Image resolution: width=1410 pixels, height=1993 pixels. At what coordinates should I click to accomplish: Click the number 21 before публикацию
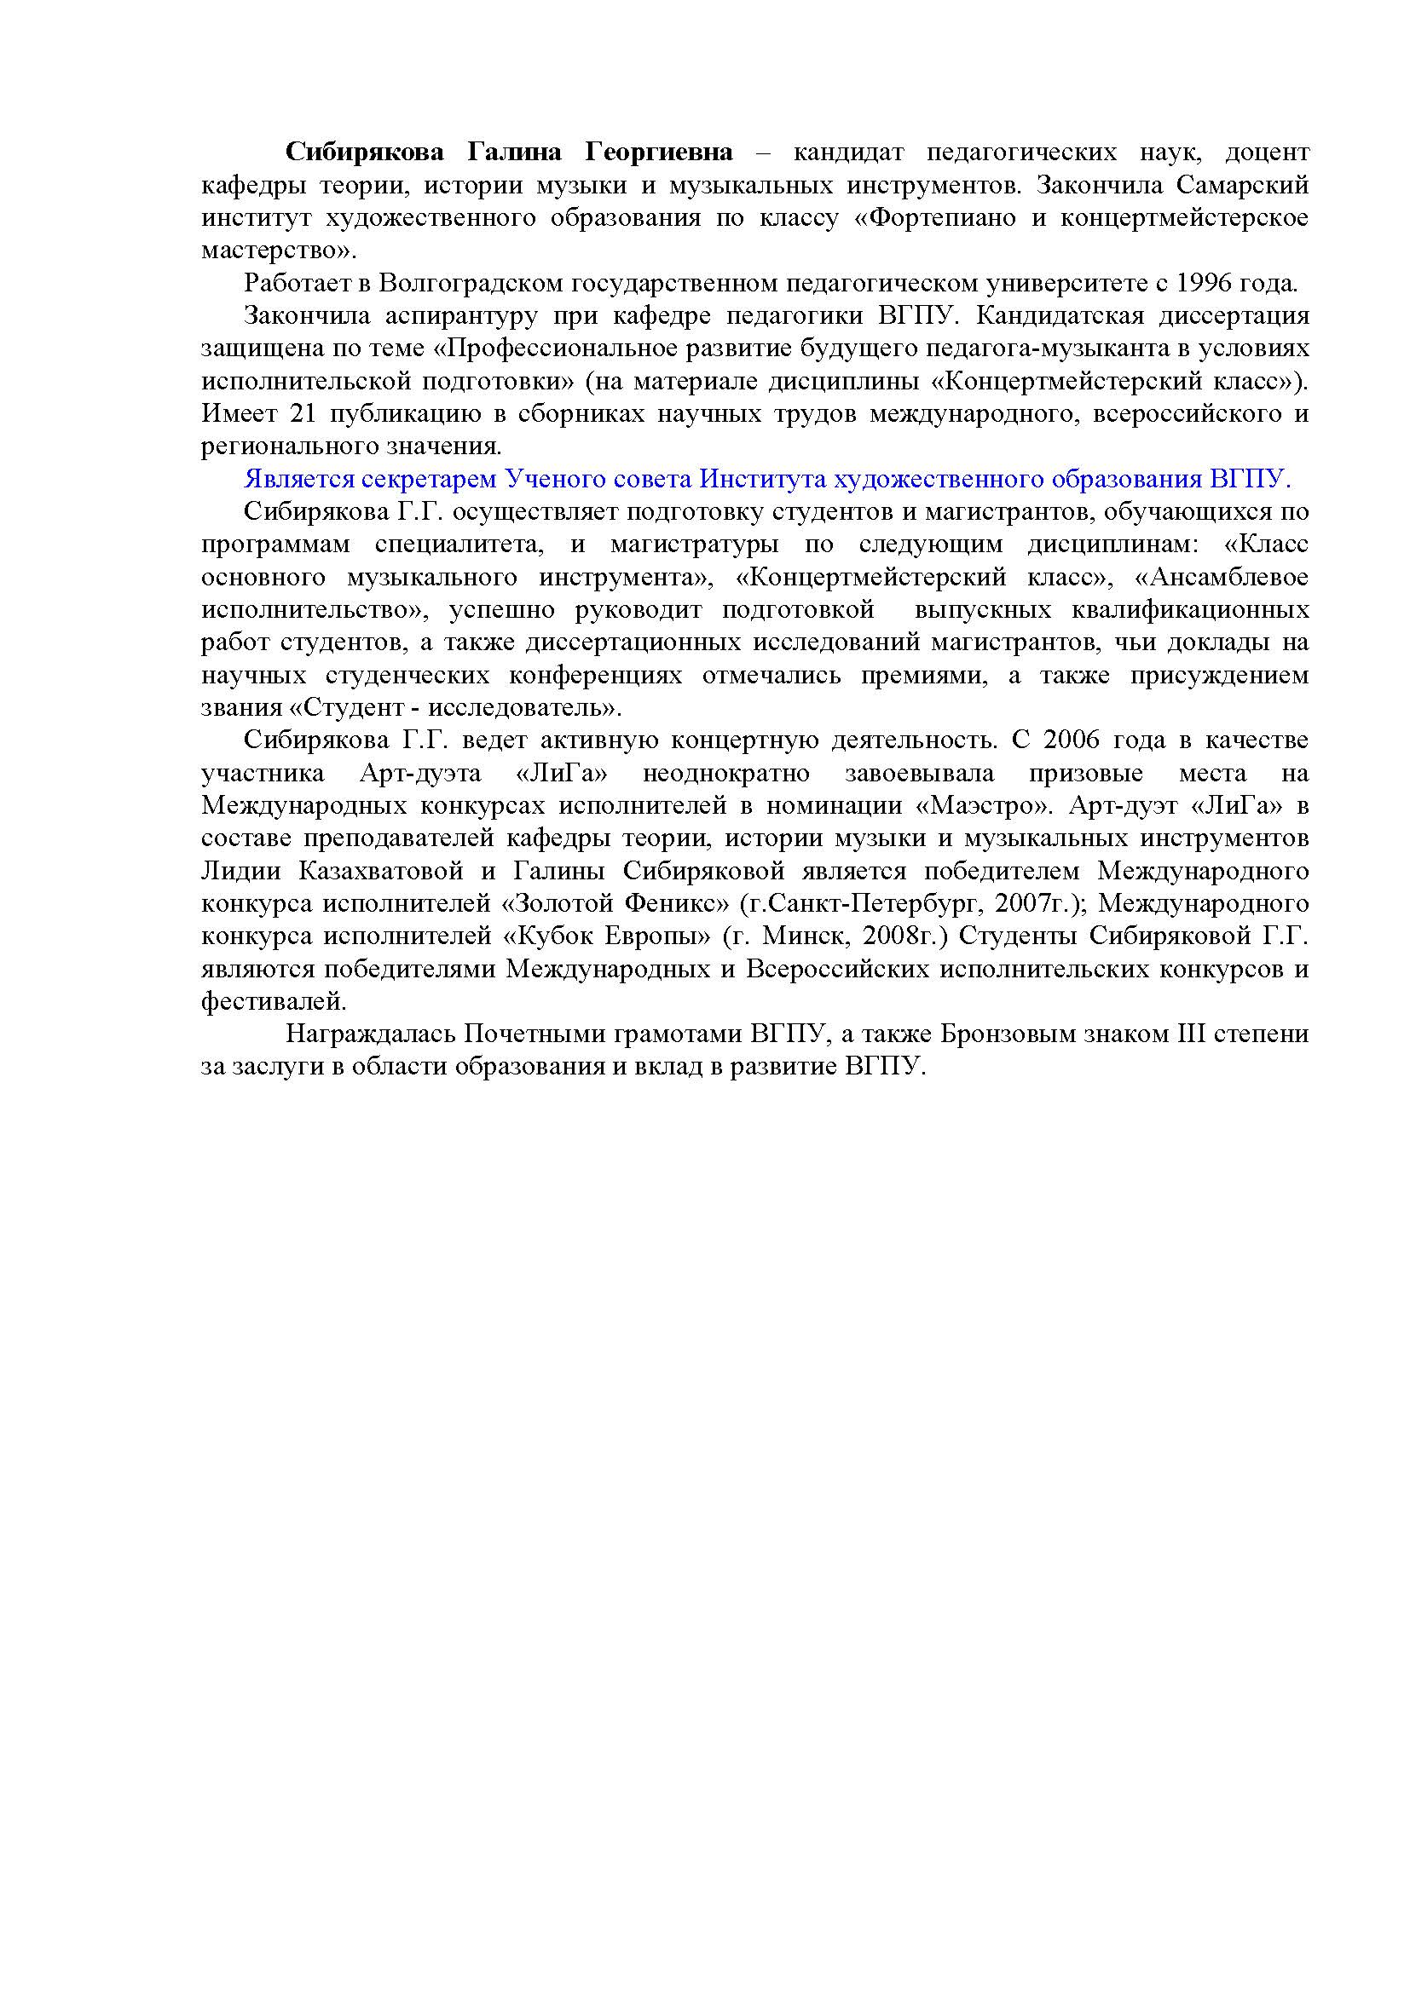pyautogui.click(x=301, y=414)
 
